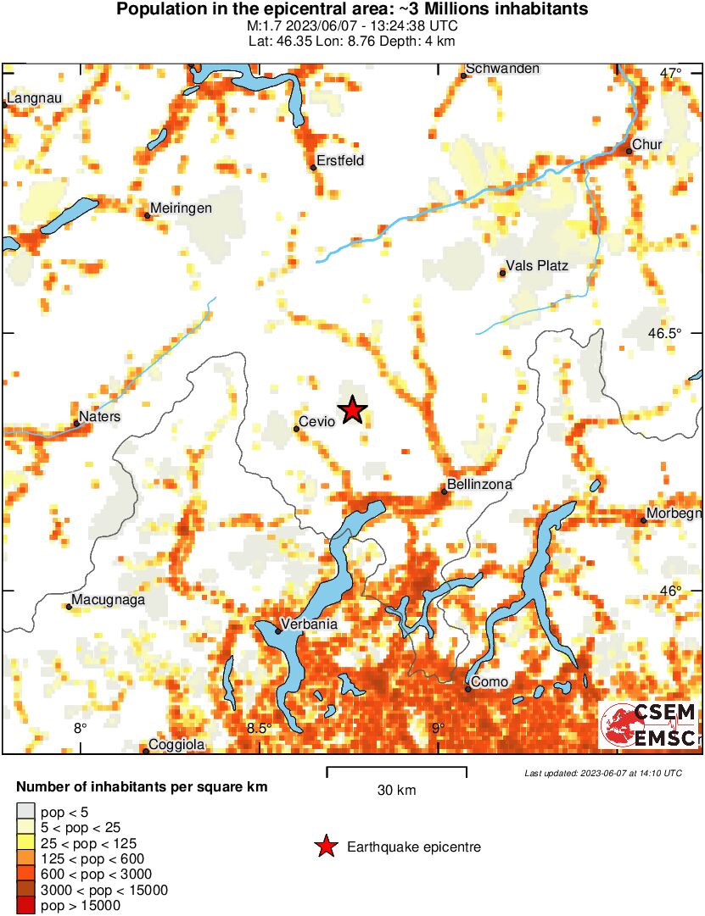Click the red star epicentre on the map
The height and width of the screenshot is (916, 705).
click(352, 411)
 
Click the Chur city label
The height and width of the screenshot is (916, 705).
click(647, 145)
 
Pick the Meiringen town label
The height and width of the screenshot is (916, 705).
click(181, 208)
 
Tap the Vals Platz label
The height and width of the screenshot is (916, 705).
click(536, 266)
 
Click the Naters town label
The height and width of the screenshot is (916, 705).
click(99, 417)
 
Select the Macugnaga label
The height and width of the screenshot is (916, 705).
click(109, 600)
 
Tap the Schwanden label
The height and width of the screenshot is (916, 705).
click(502, 69)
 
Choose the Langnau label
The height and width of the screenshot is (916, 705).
click(34, 98)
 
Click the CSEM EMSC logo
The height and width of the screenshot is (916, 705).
click(649, 725)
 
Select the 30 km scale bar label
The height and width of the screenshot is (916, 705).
click(396, 791)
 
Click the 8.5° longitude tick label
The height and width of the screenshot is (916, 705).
click(259, 728)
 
